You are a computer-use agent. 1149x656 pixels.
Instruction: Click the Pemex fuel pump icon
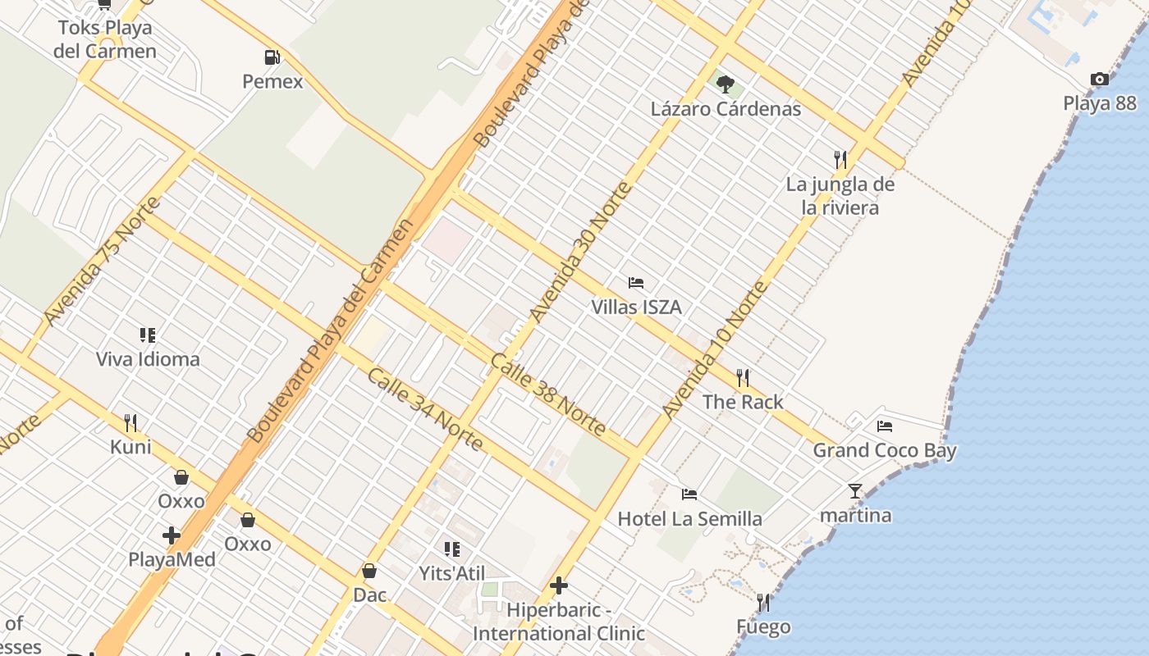272,57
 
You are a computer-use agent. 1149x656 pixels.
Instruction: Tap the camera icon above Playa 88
1100,79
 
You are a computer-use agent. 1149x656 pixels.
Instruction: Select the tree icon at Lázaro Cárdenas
726,84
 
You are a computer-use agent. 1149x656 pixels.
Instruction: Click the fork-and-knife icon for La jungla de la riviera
840,159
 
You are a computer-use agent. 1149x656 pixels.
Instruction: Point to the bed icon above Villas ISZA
636,283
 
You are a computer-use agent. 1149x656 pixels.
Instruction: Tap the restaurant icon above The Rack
743,377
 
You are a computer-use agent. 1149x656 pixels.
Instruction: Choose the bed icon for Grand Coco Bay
885,426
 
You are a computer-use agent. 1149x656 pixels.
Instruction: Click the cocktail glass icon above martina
855,491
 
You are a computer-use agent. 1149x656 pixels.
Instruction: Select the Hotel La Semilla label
689,519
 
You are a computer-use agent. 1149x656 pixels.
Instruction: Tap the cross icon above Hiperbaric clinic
559,585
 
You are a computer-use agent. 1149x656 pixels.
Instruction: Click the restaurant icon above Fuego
764,603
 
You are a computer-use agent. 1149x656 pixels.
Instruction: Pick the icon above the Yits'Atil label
452,549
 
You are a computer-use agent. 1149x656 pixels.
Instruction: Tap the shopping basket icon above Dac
369,571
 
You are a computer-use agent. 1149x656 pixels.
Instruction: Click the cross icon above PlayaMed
172,535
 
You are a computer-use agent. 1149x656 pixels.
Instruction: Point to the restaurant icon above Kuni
130,423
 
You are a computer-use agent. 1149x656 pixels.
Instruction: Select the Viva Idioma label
148,359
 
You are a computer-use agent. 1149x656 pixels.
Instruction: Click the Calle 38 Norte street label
548,394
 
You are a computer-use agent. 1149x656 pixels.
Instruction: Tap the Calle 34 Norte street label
424,409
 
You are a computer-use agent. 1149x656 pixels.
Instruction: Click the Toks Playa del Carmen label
105,39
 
